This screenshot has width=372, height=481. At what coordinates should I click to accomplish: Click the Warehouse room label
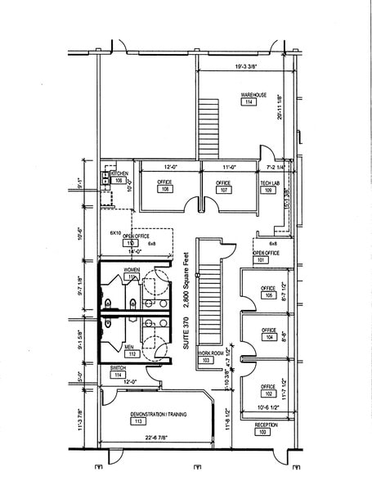coord(253,96)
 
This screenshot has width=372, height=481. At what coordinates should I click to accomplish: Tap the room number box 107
coord(222,189)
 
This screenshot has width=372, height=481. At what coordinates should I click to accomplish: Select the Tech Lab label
coord(271,182)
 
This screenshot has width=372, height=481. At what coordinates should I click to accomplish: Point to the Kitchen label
coord(119,173)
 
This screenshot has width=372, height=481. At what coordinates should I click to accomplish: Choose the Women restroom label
coord(131,269)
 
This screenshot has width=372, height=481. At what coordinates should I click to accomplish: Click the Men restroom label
coord(130,347)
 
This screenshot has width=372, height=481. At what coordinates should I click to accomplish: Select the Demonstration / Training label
coord(159,415)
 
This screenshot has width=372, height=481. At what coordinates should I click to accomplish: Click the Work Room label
coord(210,352)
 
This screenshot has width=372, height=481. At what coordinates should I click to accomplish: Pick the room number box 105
coord(267,296)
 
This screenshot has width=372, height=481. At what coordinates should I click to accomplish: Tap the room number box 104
coord(267,337)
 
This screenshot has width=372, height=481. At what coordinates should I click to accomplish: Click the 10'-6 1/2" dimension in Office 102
coord(267,407)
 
